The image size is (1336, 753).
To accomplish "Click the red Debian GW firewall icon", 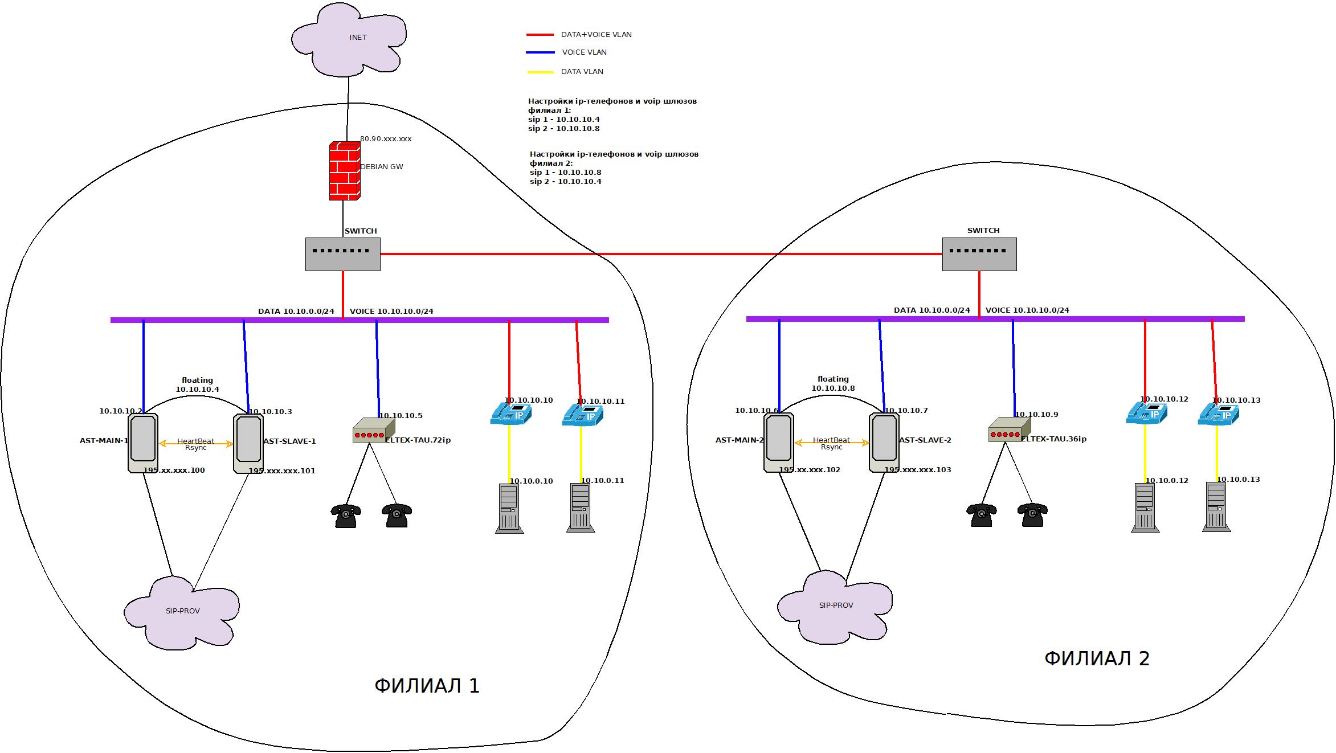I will coord(344,171).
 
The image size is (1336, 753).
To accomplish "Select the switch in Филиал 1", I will coord(343,254).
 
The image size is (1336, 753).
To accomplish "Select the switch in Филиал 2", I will coord(979,254).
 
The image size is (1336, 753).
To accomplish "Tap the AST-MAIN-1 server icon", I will coord(143,443).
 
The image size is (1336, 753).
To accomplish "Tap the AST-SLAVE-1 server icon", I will coord(248,443).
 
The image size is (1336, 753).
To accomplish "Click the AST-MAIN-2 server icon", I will coord(779,442).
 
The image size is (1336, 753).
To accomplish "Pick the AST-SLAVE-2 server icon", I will coord(884,442).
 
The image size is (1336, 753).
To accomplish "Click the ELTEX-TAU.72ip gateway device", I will coord(373,431).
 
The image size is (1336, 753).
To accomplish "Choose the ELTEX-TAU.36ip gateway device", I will coord(1009,430).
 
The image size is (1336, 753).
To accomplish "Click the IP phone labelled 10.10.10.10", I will coord(510,414).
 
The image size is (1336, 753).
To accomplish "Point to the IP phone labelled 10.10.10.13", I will coord(1218,414).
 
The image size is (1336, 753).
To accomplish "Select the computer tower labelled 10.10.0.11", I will coord(581,508).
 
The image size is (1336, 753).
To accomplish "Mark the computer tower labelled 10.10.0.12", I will coord(1145,508).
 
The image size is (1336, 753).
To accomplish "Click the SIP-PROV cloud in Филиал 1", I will coord(181,612).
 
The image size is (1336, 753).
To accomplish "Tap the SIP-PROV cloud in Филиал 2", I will coord(835,607).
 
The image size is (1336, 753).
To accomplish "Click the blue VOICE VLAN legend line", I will coord(540,52).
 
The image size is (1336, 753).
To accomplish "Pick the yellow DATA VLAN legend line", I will coord(540,72).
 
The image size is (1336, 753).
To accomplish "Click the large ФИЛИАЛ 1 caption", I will coord(427,686).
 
